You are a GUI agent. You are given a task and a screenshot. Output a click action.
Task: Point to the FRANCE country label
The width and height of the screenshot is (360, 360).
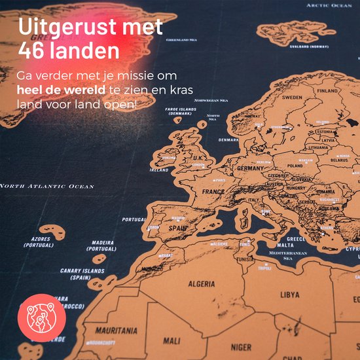click(213, 192)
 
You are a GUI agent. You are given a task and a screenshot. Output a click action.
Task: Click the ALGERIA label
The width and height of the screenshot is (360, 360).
click(202, 284)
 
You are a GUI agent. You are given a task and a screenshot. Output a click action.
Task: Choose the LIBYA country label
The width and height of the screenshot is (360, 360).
click(290, 295)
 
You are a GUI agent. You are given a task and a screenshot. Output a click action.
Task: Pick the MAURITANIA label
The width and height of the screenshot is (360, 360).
click(117, 331)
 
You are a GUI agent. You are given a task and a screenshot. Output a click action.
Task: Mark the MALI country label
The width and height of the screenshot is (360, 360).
click(171, 341)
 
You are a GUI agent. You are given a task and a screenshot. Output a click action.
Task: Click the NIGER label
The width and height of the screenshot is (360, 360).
click(242, 347)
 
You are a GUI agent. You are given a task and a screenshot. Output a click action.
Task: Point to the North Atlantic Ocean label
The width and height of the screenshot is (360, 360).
click(47, 187)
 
